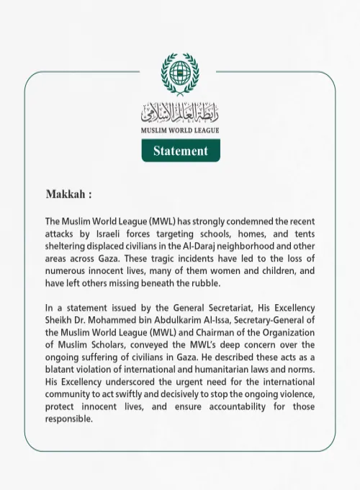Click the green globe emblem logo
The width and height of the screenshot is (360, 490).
coord(180,74)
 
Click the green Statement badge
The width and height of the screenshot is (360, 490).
coord(180,151)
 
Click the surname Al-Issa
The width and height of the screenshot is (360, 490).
coord(210,321)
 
